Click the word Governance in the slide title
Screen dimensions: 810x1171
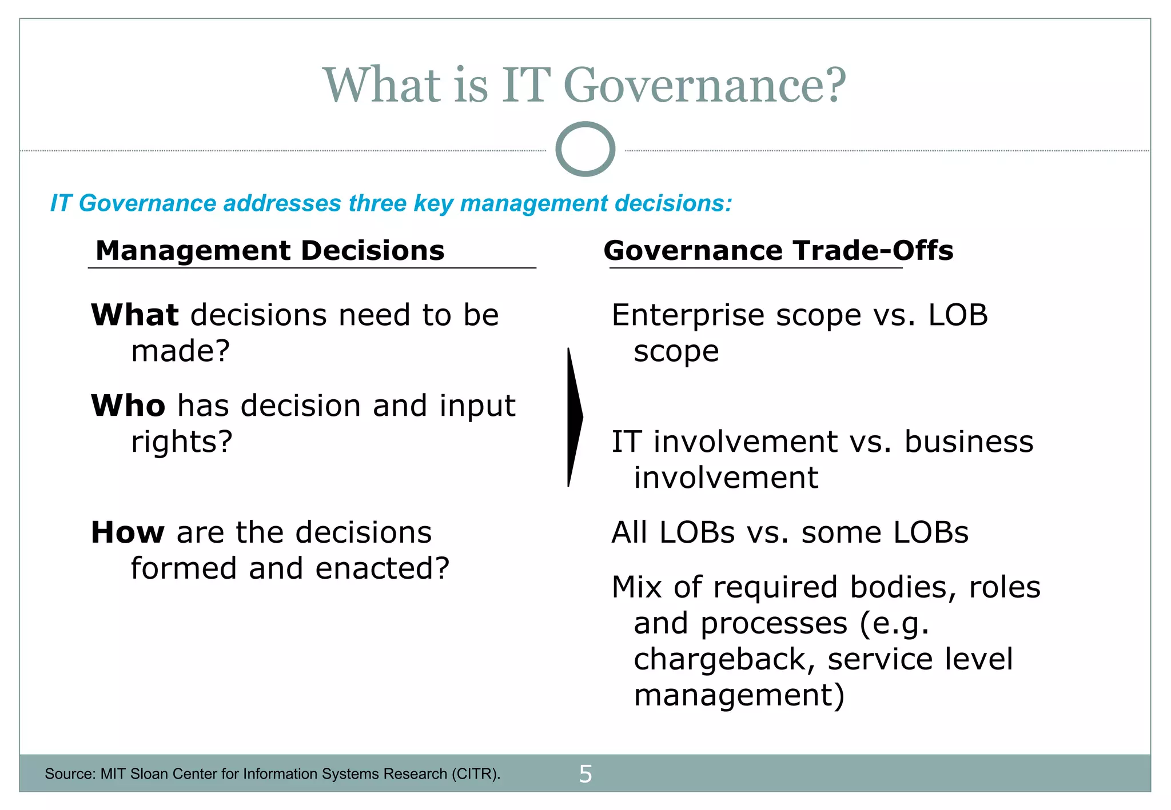pos(704,85)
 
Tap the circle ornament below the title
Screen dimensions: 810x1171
pos(585,149)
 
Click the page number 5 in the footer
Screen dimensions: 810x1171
pos(585,774)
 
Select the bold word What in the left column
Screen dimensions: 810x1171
pos(135,315)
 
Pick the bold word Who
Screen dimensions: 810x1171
pos(128,406)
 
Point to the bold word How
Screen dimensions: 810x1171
pos(128,532)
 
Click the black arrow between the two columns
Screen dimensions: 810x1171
pos(574,417)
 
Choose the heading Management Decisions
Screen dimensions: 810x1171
pos(270,251)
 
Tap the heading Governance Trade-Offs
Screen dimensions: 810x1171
pos(778,251)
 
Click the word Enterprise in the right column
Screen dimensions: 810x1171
pos(688,315)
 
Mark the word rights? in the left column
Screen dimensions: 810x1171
pos(182,442)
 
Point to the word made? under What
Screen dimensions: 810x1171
pos(180,351)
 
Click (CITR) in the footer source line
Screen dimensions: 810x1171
pos(475,774)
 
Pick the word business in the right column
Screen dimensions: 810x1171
pos(969,442)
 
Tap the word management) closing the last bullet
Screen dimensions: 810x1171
pos(739,695)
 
